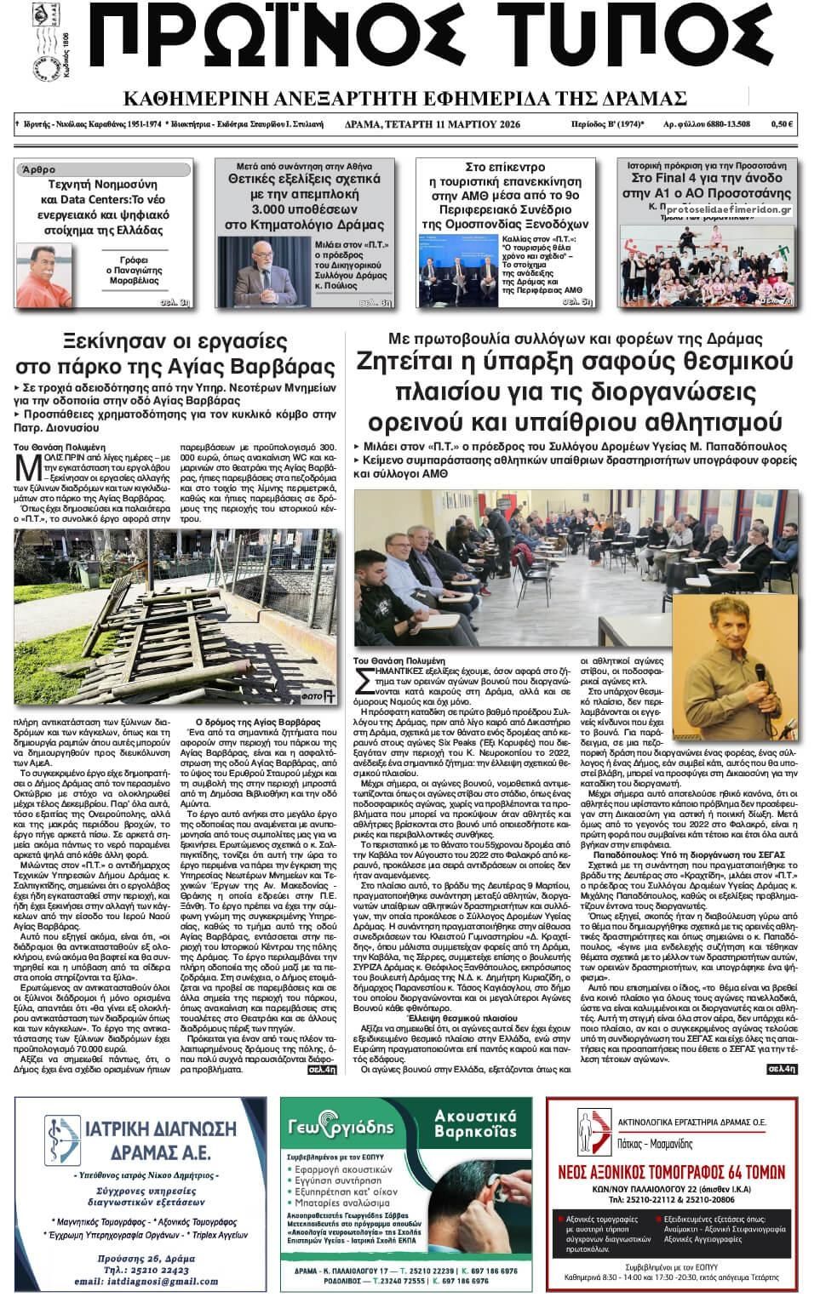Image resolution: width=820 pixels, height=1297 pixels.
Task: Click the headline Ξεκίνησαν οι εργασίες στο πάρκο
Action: [176, 354]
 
